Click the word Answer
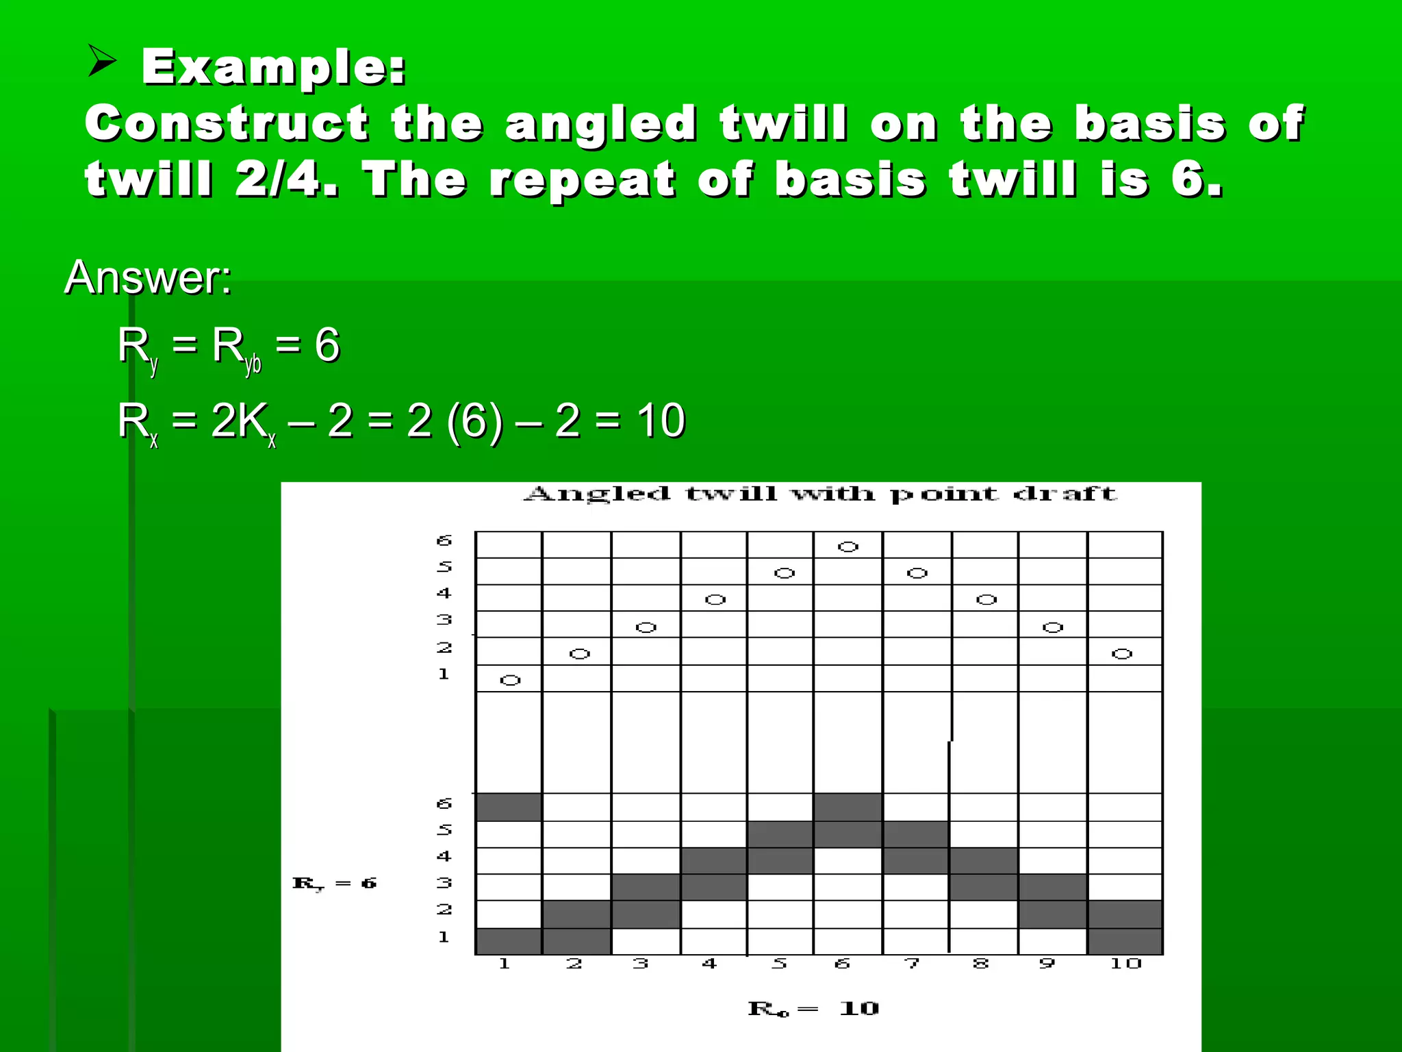pos(148,277)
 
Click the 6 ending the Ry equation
pos(327,344)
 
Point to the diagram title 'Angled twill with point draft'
pos(819,494)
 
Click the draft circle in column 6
pos(847,547)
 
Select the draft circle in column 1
pos(510,680)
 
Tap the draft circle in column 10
pos(1121,654)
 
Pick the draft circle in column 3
pos(646,627)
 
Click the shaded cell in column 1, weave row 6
pos(508,807)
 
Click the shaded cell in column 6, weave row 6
pos(847,807)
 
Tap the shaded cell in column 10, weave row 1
pos(1125,940)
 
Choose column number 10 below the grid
pos(1125,964)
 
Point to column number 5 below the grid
pos(779,964)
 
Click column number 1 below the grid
pos(505,964)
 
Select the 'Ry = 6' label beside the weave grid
pos(334,884)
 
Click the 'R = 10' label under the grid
pos(813,1008)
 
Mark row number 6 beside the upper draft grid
pos(444,540)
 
